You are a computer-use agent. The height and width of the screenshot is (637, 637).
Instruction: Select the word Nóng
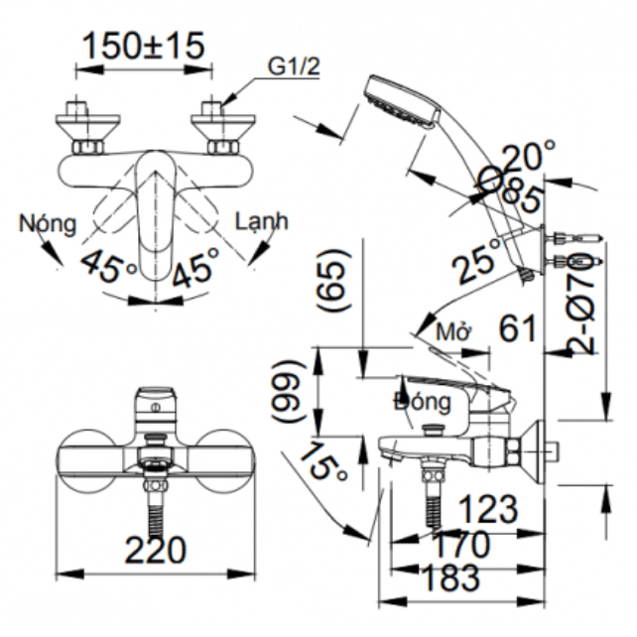47,222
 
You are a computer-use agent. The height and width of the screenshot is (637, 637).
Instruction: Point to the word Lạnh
260,220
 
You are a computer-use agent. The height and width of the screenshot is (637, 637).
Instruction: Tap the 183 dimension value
449,576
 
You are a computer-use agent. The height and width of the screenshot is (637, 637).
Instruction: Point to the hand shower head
399,101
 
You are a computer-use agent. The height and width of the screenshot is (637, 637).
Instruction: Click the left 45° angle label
109,266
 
